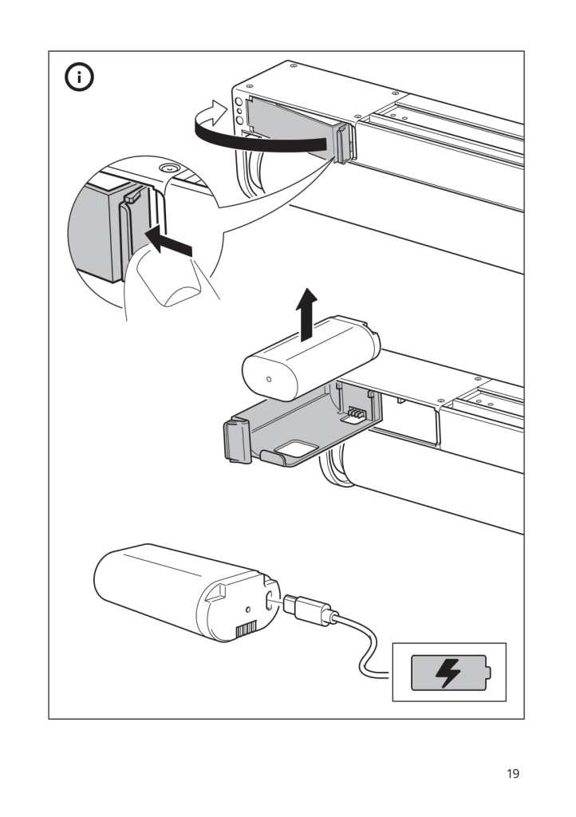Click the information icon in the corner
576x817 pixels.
point(79,77)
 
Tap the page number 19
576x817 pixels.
point(513,774)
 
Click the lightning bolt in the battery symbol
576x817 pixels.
point(448,673)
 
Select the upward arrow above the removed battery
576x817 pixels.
point(307,314)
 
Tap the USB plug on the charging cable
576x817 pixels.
point(307,610)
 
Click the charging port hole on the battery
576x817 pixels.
point(270,601)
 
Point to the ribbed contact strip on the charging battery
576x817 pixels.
point(246,631)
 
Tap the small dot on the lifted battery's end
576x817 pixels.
point(268,378)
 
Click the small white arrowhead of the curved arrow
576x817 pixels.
point(217,112)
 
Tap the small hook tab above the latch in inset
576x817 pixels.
point(132,196)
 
